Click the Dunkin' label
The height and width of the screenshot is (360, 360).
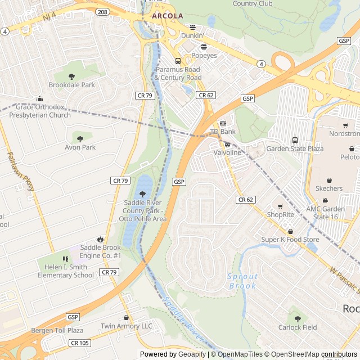coord(191,35)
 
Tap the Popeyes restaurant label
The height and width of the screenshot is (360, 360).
coord(204,56)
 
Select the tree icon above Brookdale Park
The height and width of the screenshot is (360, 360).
coord(71,76)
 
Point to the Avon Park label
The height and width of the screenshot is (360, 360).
coord(80,147)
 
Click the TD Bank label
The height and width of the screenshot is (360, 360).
coord(223,132)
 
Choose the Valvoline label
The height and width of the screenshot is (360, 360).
coord(227,152)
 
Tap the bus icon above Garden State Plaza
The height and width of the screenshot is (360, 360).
coord(294,140)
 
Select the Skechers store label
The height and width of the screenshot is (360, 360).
coord(328,188)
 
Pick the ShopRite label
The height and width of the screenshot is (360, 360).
coord(280,214)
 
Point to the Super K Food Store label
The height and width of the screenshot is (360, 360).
coord(289,240)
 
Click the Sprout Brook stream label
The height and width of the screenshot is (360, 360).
coord(243,281)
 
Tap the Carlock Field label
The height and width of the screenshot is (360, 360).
coord(297,327)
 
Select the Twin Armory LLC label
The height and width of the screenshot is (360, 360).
coord(127,326)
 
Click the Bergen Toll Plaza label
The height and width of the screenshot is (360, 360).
coord(57,330)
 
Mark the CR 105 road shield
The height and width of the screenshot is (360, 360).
coord(79,343)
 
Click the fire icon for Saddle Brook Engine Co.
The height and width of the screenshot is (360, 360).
coord(100,239)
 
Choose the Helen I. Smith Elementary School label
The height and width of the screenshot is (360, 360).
coord(65,271)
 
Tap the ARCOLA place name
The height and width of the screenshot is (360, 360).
coord(168,16)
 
